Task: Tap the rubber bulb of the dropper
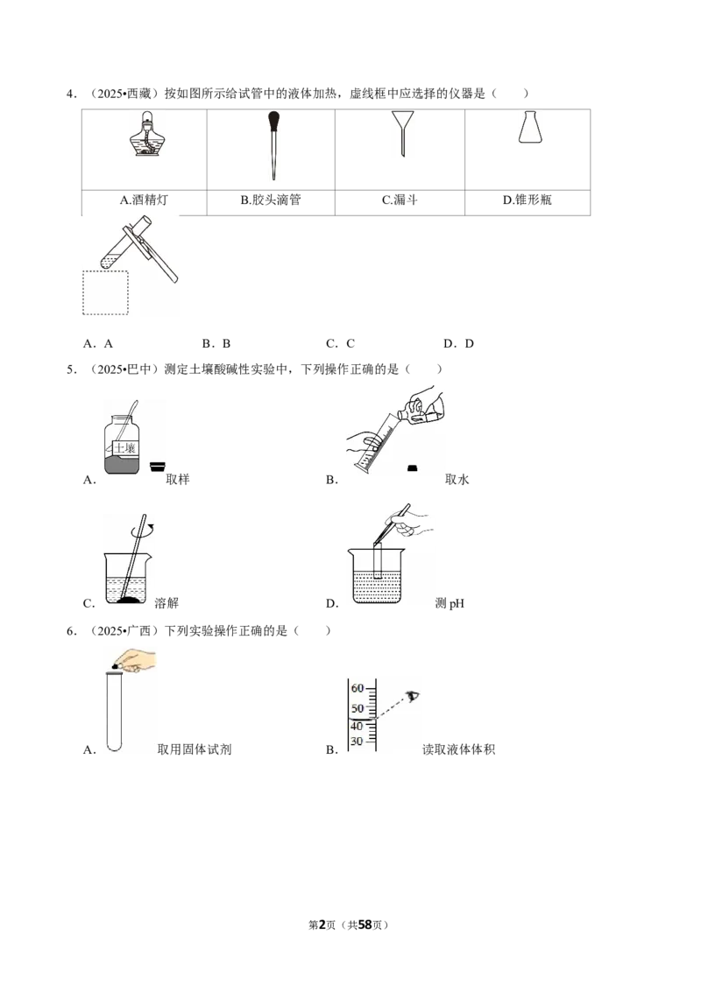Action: [x=274, y=120]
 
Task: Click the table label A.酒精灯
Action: [x=145, y=200]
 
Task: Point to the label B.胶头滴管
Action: [x=271, y=200]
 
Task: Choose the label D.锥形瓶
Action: [x=527, y=200]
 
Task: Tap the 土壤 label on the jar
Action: [x=125, y=448]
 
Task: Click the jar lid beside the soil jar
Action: [x=158, y=467]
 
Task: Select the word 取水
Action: [x=457, y=479]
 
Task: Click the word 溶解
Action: [x=167, y=603]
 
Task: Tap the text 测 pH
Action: [x=450, y=603]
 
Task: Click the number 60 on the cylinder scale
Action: [x=358, y=687]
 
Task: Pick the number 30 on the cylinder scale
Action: [x=357, y=741]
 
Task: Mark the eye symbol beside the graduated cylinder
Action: [x=413, y=697]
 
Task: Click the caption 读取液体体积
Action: [x=458, y=749]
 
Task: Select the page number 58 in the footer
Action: [x=365, y=924]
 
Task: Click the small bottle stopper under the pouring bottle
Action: [x=413, y=467]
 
